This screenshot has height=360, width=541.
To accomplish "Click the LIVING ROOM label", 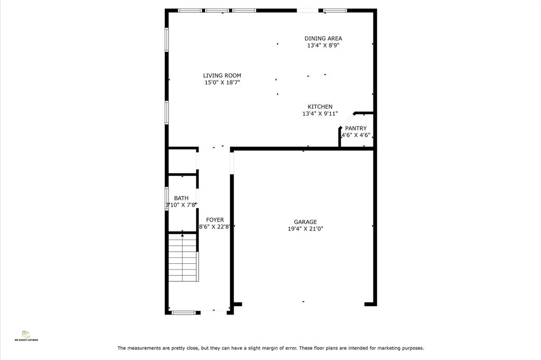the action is coord(222,76).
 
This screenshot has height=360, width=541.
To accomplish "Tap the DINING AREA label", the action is coord(323,38).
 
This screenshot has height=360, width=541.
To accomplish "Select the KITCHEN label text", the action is coord(320,107).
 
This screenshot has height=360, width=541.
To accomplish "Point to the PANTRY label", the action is coord(356,128).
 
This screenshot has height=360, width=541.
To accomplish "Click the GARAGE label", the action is coord(305,222).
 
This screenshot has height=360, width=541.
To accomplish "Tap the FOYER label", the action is coord(215,220).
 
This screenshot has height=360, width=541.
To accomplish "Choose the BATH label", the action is coord(181,198).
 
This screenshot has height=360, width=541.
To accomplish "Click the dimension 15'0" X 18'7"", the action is coord(222,82).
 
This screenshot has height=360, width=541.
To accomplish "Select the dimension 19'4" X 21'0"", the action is coord(305,228).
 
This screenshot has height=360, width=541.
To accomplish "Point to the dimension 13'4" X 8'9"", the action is coord(323,45).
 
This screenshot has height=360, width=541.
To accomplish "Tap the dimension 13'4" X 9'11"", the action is coord(320,114).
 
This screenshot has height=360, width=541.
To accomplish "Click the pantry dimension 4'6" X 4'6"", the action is coord(356,135).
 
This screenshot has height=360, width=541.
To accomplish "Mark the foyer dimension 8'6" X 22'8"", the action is coord(214,227).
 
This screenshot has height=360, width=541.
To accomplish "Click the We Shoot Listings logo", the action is coord(26,336).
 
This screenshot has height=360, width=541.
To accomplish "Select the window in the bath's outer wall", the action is coord(166,198).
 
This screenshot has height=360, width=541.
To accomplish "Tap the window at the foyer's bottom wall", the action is coord(183,313).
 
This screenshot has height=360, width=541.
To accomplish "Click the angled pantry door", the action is coord(347,120).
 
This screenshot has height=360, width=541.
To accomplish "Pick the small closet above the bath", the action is coord(182,162).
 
